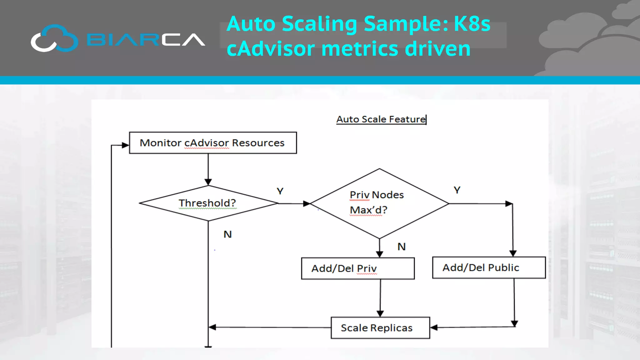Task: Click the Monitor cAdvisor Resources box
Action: point(213,143)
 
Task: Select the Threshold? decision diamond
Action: point(208,203)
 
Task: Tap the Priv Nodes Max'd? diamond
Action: point(379,203)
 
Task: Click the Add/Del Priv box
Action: point(358,268)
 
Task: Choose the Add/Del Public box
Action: point(489,267)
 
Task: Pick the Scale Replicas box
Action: point(380,328)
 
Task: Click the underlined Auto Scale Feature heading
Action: point(381,119)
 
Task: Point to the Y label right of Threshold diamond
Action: point(280,191)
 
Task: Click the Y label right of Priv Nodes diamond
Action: point(457,190)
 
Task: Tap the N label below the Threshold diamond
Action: point(227,234)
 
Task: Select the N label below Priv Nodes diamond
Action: point(402,247)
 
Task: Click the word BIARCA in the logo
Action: point(145,40)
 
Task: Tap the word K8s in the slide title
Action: point(472,24)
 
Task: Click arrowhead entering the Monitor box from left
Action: point(125,145)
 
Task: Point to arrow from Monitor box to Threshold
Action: point(208,169)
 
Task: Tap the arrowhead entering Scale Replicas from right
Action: point(434,327)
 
